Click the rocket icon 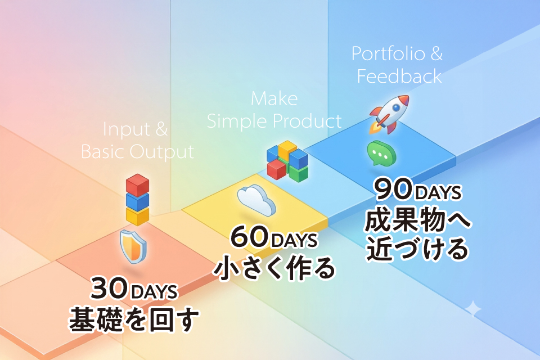pyautogui.click(x=389, y=114)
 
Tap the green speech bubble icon pyautogui.click(x=381, y=154)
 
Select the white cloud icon pyautogui.click(x=256, y=200)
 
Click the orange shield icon pyautogui.click(x=133, y=246)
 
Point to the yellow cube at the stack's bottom pyautogui.click(x=137, y=216)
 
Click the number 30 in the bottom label pyautogui.click(x=110, y=289)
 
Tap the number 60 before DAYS pyautogui.click(x=249, y=237)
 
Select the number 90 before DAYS pyautogui.click(x=394, y=189)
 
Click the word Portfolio pyautogui.click(x=388, y=54)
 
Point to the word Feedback pyautogui.click(x=399, y=76)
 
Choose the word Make pyautogui.click(x=274, y=99)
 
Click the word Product pyautogui.click(x=307, y=121)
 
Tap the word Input pyautogui.click(x=127, y=130)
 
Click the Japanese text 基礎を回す pyautogui.click(x=134, y=319)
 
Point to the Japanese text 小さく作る pyautogui.click(x=274, y=268)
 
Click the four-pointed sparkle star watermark pyautogui.click(x=474, y=309)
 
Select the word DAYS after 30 pyautogui.click(x=154, y=292)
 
